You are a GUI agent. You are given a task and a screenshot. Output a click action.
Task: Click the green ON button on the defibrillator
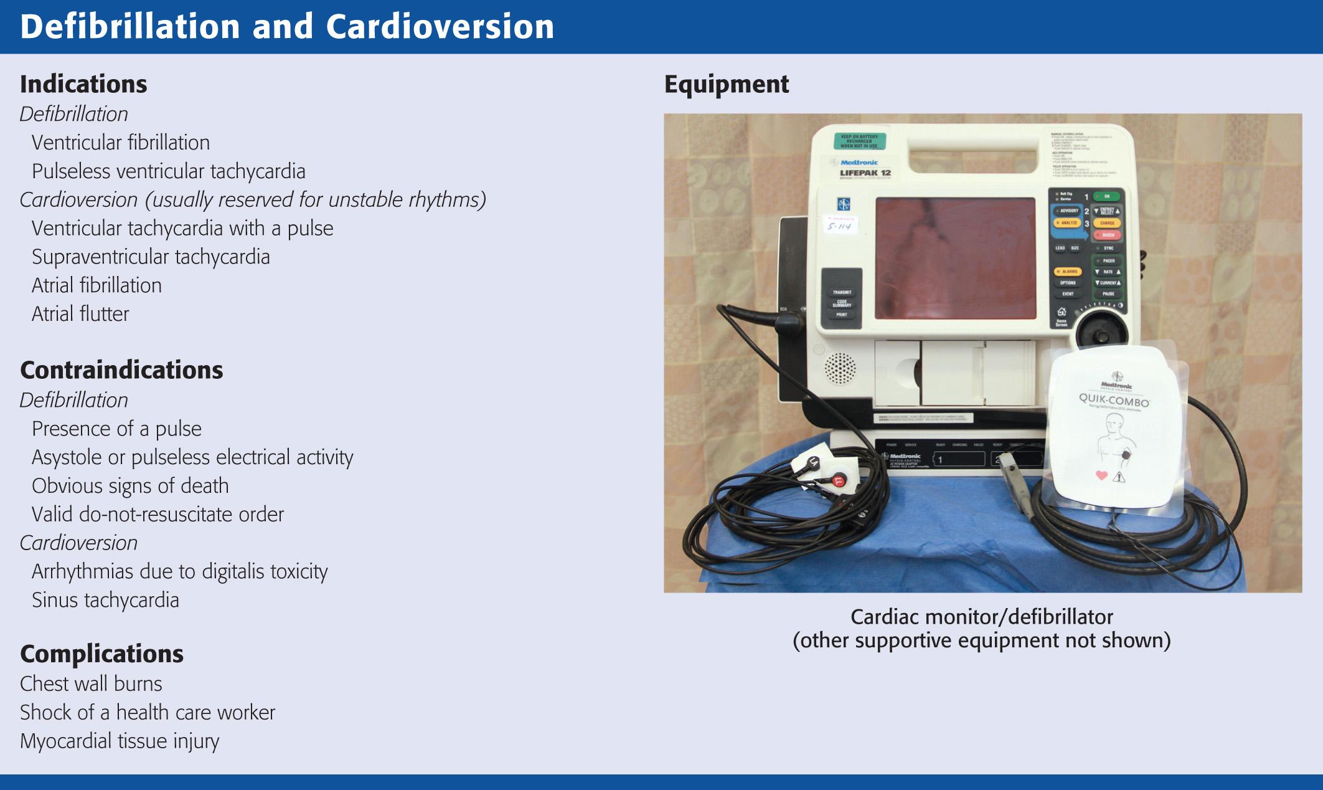point(1107,196)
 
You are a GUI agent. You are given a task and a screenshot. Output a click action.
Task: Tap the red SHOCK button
point(1108,235)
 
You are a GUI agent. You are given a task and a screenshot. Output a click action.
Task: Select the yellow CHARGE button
point(1107,222)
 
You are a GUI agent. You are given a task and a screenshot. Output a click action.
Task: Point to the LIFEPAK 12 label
point(865,173)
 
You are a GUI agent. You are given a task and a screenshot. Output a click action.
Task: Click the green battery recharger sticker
point(859,141)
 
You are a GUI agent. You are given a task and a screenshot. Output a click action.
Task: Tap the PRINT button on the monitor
point(841,315)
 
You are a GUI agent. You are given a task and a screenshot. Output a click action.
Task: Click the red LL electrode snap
point(838,480)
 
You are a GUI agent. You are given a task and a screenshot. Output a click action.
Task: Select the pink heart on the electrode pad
point(1101,475)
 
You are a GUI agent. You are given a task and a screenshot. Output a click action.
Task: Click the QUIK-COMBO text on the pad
point(1114,399)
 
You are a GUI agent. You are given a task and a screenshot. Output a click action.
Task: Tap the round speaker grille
point(840,368)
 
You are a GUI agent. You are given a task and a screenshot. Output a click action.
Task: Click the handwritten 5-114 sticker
point(839,226)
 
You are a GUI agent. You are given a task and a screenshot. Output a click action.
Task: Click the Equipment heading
point(726,84)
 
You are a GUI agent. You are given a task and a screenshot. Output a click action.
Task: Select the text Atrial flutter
point(80,313)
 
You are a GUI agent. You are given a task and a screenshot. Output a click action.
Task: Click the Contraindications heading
point(121,370)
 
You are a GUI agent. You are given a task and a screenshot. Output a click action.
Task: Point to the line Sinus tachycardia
point(105,600)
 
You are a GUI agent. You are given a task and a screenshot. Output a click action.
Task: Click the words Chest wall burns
point(91,683)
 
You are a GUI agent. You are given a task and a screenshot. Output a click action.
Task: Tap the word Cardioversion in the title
point(440,27)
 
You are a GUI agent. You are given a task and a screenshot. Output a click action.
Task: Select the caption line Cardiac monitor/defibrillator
point(981,617)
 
